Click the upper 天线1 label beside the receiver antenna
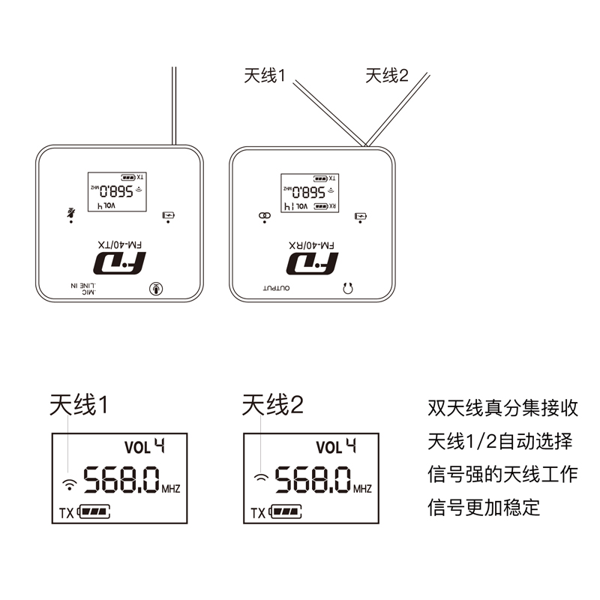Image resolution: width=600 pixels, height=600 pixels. tap(265, 76)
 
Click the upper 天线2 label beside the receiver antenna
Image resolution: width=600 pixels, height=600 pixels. tap(387, 76)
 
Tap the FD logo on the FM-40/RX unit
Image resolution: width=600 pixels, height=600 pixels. tap(311, 262)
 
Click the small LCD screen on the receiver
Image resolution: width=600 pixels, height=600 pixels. tap(309, 192)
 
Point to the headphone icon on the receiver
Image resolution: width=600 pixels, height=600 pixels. tap(347, 287)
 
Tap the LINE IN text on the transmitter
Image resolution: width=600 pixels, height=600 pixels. tap(84, 285)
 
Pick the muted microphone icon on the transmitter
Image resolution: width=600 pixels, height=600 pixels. tap(71, 212)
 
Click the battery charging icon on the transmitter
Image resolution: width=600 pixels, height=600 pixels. tap(169, 215)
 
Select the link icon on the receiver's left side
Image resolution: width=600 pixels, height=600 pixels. tap(263, 215)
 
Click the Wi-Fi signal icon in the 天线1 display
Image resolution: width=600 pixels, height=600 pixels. tap(69, 482)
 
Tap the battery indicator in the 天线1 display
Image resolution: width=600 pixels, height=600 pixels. tap(94, 513)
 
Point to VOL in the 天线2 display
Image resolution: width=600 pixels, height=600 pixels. tap(328, 448)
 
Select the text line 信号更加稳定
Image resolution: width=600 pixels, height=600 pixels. tap(484, 507)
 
